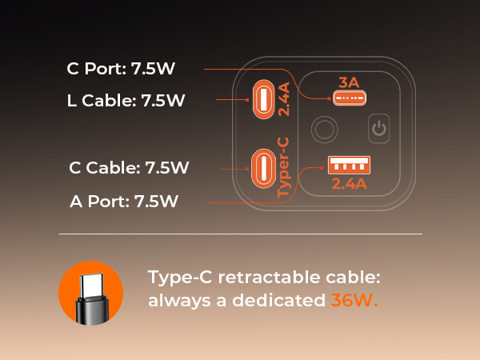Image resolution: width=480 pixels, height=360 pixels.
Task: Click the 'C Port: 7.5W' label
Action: (121, 68)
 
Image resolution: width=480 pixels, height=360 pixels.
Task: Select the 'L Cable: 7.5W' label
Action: (126, 100)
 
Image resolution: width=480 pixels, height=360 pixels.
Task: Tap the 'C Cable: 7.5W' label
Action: (129, 167)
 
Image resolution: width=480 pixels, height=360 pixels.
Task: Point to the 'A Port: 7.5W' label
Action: (124, 201)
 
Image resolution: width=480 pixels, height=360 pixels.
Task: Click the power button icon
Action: (379, 128)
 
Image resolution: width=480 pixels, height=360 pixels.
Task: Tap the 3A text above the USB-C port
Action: (349, 82)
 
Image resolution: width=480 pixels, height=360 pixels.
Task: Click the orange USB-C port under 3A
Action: (350, 98)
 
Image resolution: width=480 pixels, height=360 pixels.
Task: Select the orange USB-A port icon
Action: (349, 165)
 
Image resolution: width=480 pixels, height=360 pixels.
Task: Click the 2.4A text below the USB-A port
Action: (350, 184)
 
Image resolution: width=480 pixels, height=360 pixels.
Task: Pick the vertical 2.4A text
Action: (284, 99)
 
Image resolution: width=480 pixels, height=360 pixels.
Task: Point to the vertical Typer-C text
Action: (283, 167)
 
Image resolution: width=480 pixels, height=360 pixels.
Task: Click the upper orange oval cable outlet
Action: (263, 99)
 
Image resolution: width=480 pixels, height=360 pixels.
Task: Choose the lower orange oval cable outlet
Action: (263, 168)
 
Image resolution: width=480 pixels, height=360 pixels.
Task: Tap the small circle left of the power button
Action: (325, 129)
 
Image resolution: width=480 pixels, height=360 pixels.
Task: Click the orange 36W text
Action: (354, 300)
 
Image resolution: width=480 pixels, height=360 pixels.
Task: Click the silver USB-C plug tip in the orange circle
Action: (91, 285)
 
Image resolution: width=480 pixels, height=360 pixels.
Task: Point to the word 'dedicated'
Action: (278, 300)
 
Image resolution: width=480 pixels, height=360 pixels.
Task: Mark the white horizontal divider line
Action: (241, 234)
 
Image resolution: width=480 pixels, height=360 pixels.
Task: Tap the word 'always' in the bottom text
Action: (179, 301)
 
